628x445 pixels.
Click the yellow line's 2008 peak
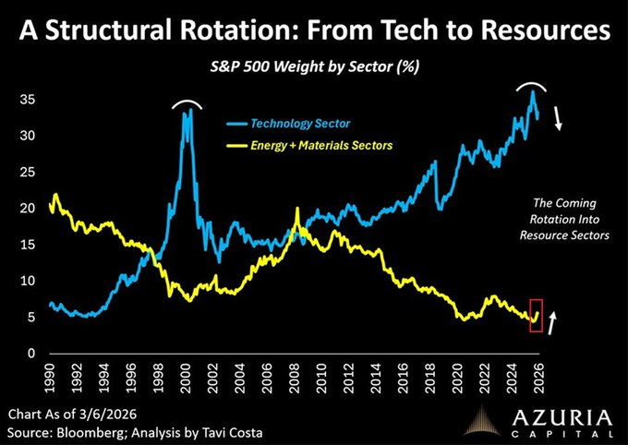pyautogui.click(x=297, y=210)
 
